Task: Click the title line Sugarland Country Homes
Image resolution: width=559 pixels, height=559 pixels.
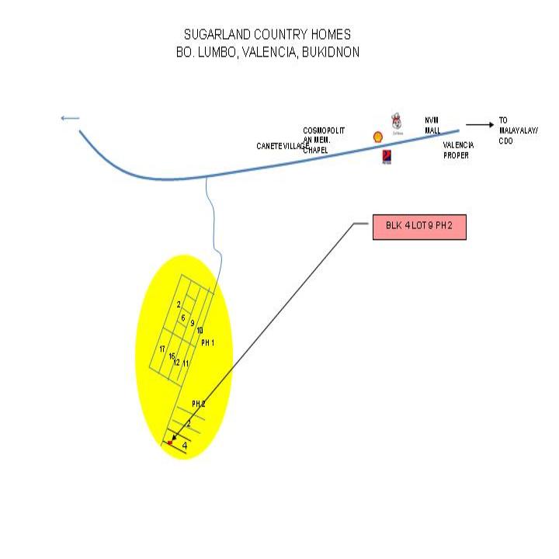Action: click(267, 35)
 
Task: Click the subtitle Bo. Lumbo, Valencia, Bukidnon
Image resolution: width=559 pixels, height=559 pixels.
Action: click(267, 52)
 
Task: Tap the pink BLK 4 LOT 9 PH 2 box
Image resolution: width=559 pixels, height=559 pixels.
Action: click(419, 226)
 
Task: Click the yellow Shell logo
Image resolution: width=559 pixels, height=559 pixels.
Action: click(378, 137)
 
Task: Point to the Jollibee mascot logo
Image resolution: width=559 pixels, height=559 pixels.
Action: click(397, 121)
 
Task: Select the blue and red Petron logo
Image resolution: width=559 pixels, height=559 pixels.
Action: click(386, 157)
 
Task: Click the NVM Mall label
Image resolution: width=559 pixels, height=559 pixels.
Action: click(432, 125)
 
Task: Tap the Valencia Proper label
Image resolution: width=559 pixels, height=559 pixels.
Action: click(456, 150)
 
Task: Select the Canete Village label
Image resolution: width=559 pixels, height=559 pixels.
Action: click(282, 146)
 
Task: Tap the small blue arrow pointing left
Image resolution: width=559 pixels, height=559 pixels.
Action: click(70, 118)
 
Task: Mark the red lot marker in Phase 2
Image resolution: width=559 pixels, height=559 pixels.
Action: click(170, 443)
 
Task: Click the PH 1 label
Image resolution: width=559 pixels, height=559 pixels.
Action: click(207, 342)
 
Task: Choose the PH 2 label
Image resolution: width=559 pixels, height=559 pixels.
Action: click(199, 404)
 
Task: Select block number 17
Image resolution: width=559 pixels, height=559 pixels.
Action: click(162, 349)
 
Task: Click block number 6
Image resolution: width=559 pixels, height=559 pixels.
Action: click(183, 318)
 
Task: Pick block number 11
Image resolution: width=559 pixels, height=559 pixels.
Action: click(186, 363)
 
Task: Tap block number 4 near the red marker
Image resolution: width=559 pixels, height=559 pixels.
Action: click(184, 446)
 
